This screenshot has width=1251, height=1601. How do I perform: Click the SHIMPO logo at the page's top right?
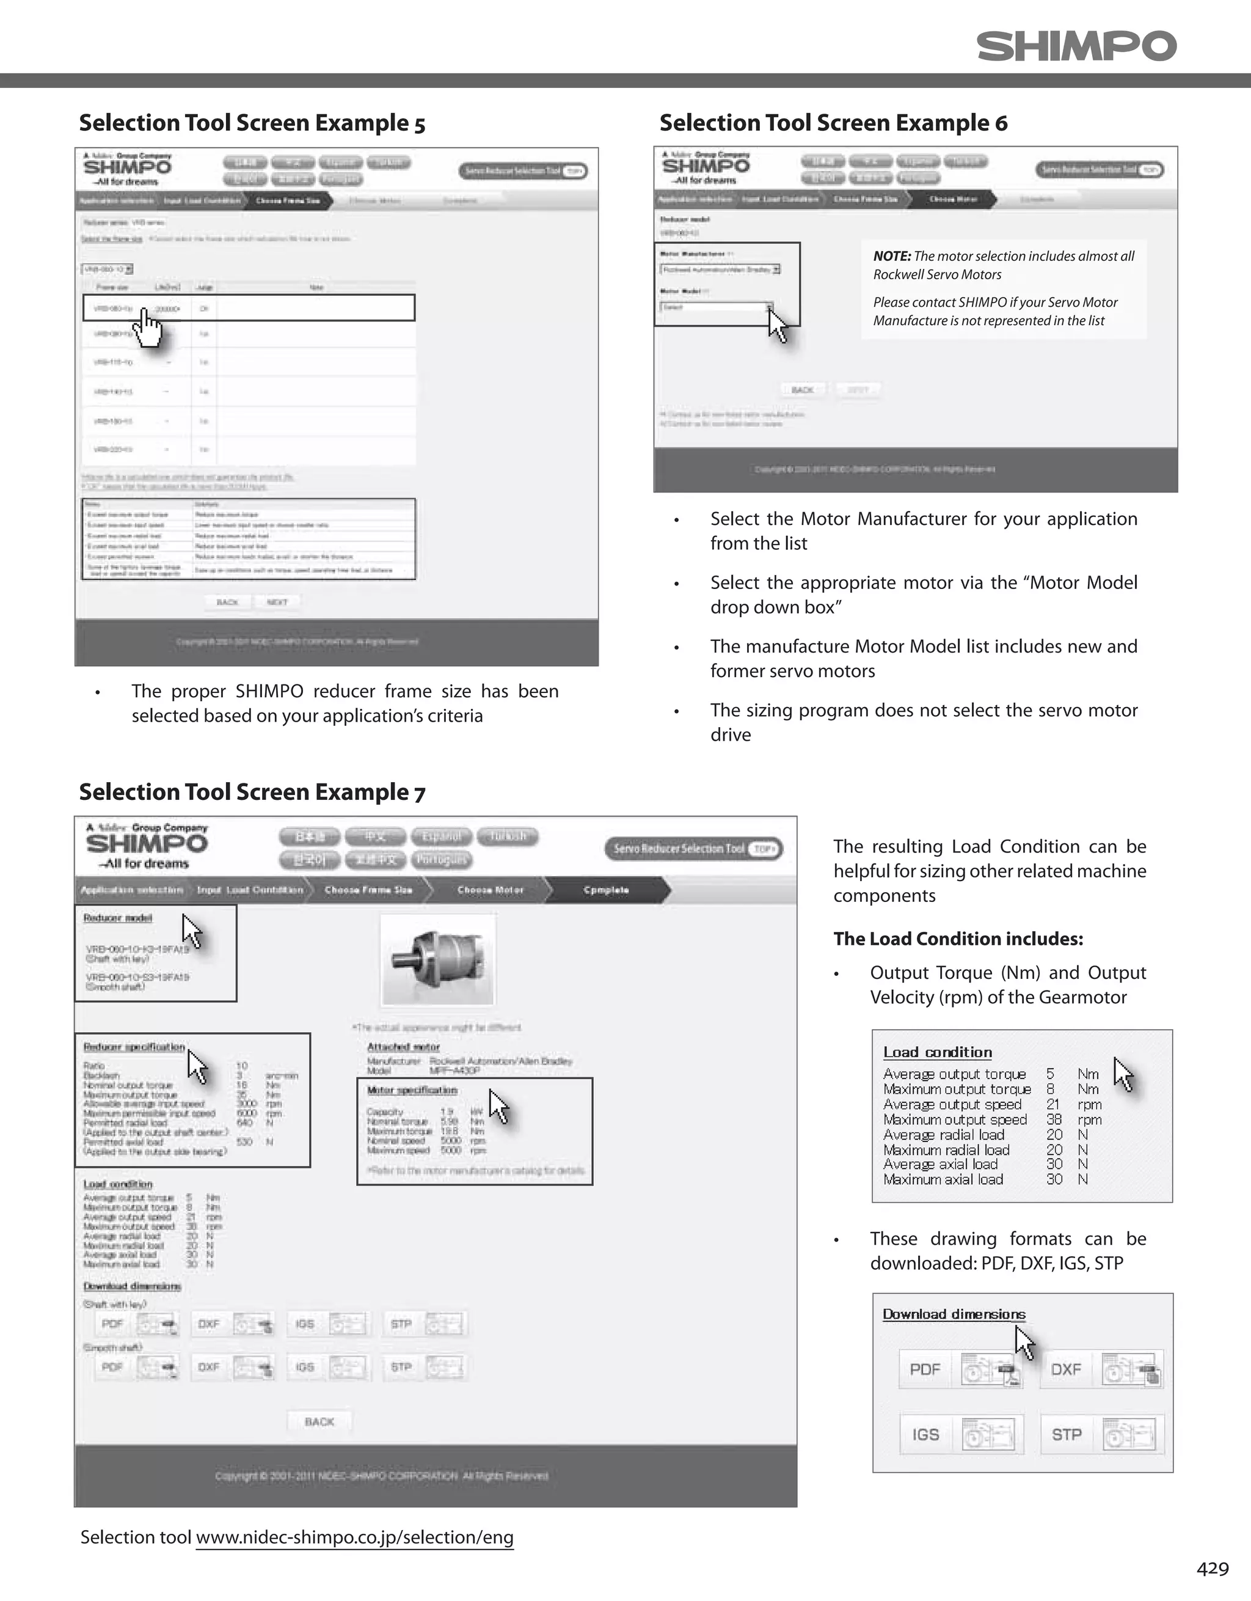pos(1076,46)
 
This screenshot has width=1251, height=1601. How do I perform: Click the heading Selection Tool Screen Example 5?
pos(252,122)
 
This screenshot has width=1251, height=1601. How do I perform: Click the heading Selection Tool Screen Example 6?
pos(833,122)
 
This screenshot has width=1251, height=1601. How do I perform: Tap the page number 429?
pos(1212,1568)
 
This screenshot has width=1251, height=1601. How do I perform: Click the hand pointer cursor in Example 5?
pos(149,327)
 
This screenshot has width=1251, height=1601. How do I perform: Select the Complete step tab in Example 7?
pos(606,890)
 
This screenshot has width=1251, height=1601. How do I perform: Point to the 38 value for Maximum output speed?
pos(1054,1119)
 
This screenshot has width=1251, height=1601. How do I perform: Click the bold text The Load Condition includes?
pos(958,939)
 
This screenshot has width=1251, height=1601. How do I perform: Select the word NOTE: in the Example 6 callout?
pos(891,256)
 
